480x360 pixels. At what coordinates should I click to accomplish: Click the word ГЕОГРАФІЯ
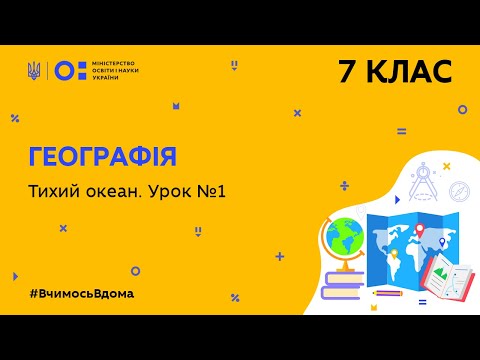[102, 157]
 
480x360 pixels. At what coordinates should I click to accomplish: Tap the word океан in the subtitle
[121, 191]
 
